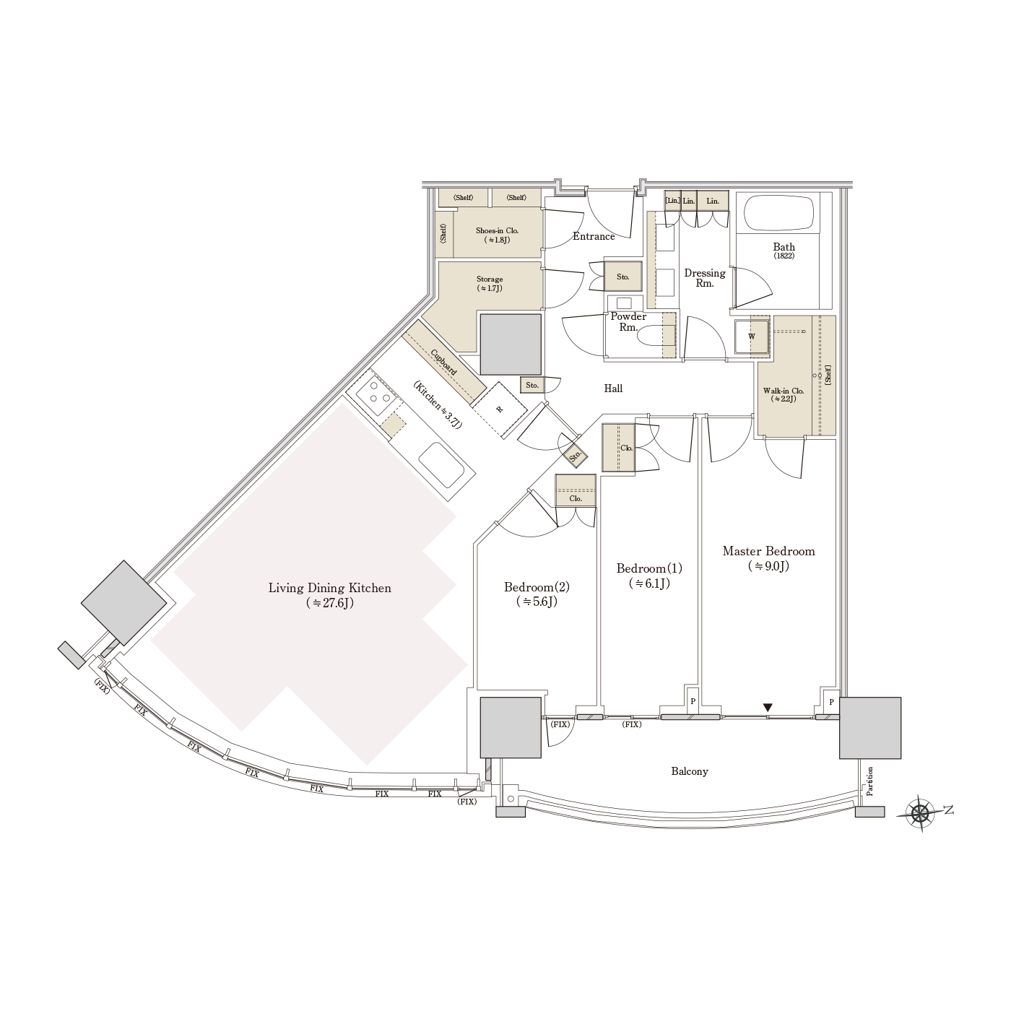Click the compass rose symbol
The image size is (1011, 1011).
(919, 814)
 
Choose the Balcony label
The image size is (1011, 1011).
(690, 771)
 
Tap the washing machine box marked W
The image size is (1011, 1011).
(751, 337)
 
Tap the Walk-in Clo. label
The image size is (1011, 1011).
(784, 394)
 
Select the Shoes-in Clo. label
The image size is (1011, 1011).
(497, 235)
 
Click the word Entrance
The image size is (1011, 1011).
(594, 236)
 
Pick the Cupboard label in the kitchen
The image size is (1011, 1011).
(444, 362)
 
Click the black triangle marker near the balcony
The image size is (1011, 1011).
(768, 708)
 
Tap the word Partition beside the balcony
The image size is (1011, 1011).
(870, 782)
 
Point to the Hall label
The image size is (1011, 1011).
(613, 389)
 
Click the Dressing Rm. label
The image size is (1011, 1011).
(705, 278)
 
